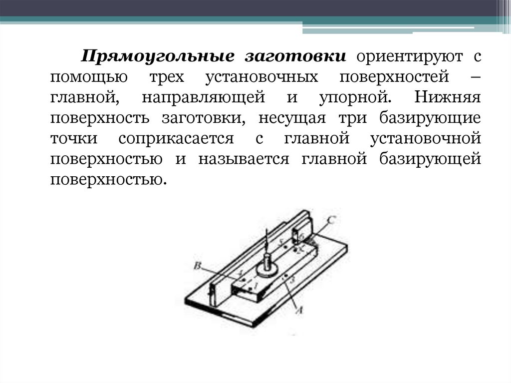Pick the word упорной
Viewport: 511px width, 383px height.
[353, 98]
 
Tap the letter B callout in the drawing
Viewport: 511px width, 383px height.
[197, 266]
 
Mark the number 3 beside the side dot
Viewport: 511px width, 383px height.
[293, 279]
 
